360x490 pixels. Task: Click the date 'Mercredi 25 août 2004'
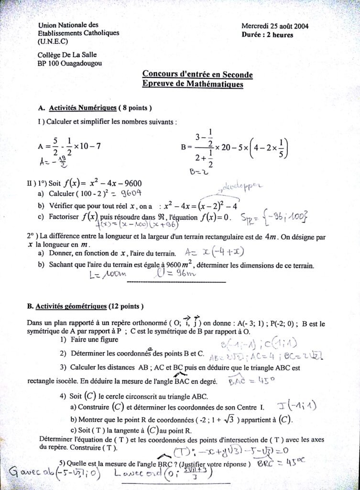[x=275, y=27]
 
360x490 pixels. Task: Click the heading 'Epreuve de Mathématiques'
[x=193, y=84]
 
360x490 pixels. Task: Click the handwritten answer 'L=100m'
[x=108, y=275]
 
